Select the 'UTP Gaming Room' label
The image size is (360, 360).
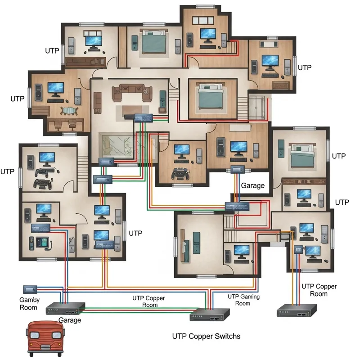pos(243,300)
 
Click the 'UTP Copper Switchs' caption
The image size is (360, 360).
pos(207,336)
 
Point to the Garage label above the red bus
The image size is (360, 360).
pos(70,320)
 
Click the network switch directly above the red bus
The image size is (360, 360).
pos(66,309)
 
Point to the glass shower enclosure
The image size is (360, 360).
pos(258,107)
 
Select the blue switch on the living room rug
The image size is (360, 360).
pos(144,117)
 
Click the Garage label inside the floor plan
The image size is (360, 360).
pos(252,185)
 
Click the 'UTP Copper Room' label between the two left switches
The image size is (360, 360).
pos(148,301)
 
